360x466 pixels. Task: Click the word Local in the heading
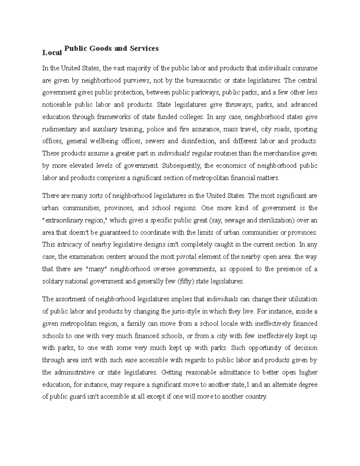click(52, 53)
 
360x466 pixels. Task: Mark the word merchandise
click(282, 153)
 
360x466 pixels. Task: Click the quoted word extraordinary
click(64, 220)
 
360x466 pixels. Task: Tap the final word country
click(255, 397)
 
